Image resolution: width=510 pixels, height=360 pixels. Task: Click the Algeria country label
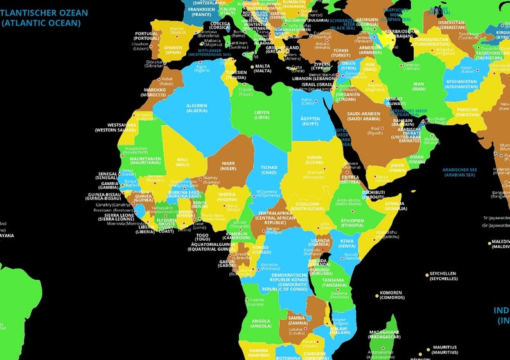(197, 108)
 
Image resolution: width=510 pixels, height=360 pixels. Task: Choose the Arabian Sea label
(459, 171)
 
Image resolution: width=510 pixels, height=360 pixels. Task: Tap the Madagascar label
(385, 336)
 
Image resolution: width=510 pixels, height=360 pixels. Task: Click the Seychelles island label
(443, 276)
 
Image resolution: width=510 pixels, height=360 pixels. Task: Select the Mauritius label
(444, 350)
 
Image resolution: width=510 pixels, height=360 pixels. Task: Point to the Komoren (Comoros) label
(391, 296)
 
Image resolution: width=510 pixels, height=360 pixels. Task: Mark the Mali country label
(182, 162)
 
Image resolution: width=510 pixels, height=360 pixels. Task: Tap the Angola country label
(261, 323)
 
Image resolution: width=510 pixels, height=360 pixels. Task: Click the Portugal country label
(146, 36)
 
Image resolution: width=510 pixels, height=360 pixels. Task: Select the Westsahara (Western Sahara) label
(121, 127)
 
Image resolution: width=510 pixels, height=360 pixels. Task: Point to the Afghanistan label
(461, 84)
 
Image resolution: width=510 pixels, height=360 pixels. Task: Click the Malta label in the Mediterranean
(263, 68)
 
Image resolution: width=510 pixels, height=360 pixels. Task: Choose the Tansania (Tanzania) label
(333, 283)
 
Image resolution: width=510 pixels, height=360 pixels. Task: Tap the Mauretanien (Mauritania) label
(145, 160)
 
